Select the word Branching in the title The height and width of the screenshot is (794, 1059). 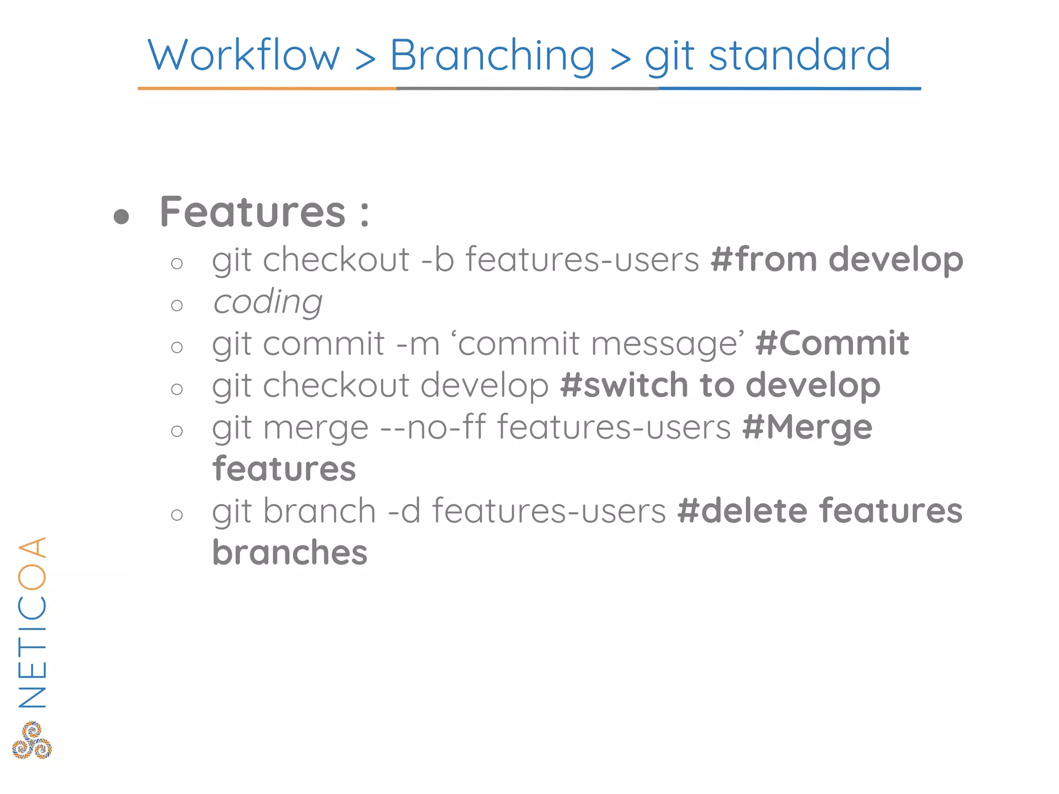[492, 56]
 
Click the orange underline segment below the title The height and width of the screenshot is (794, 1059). [267, 88]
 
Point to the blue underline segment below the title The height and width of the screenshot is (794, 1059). [790, 88]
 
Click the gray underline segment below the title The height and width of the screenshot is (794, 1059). [527, 88]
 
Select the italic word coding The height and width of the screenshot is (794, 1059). [268, 302]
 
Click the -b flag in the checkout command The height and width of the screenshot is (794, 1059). [437, 259]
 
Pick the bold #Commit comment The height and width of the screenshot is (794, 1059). [832, 343]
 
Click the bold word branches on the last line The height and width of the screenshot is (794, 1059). [290, 553]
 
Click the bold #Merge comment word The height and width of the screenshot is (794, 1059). [807, 427]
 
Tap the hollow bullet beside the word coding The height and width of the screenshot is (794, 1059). [177, 305]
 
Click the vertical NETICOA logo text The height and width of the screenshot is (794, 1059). [32, 622]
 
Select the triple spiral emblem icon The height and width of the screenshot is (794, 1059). [32, 740]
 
